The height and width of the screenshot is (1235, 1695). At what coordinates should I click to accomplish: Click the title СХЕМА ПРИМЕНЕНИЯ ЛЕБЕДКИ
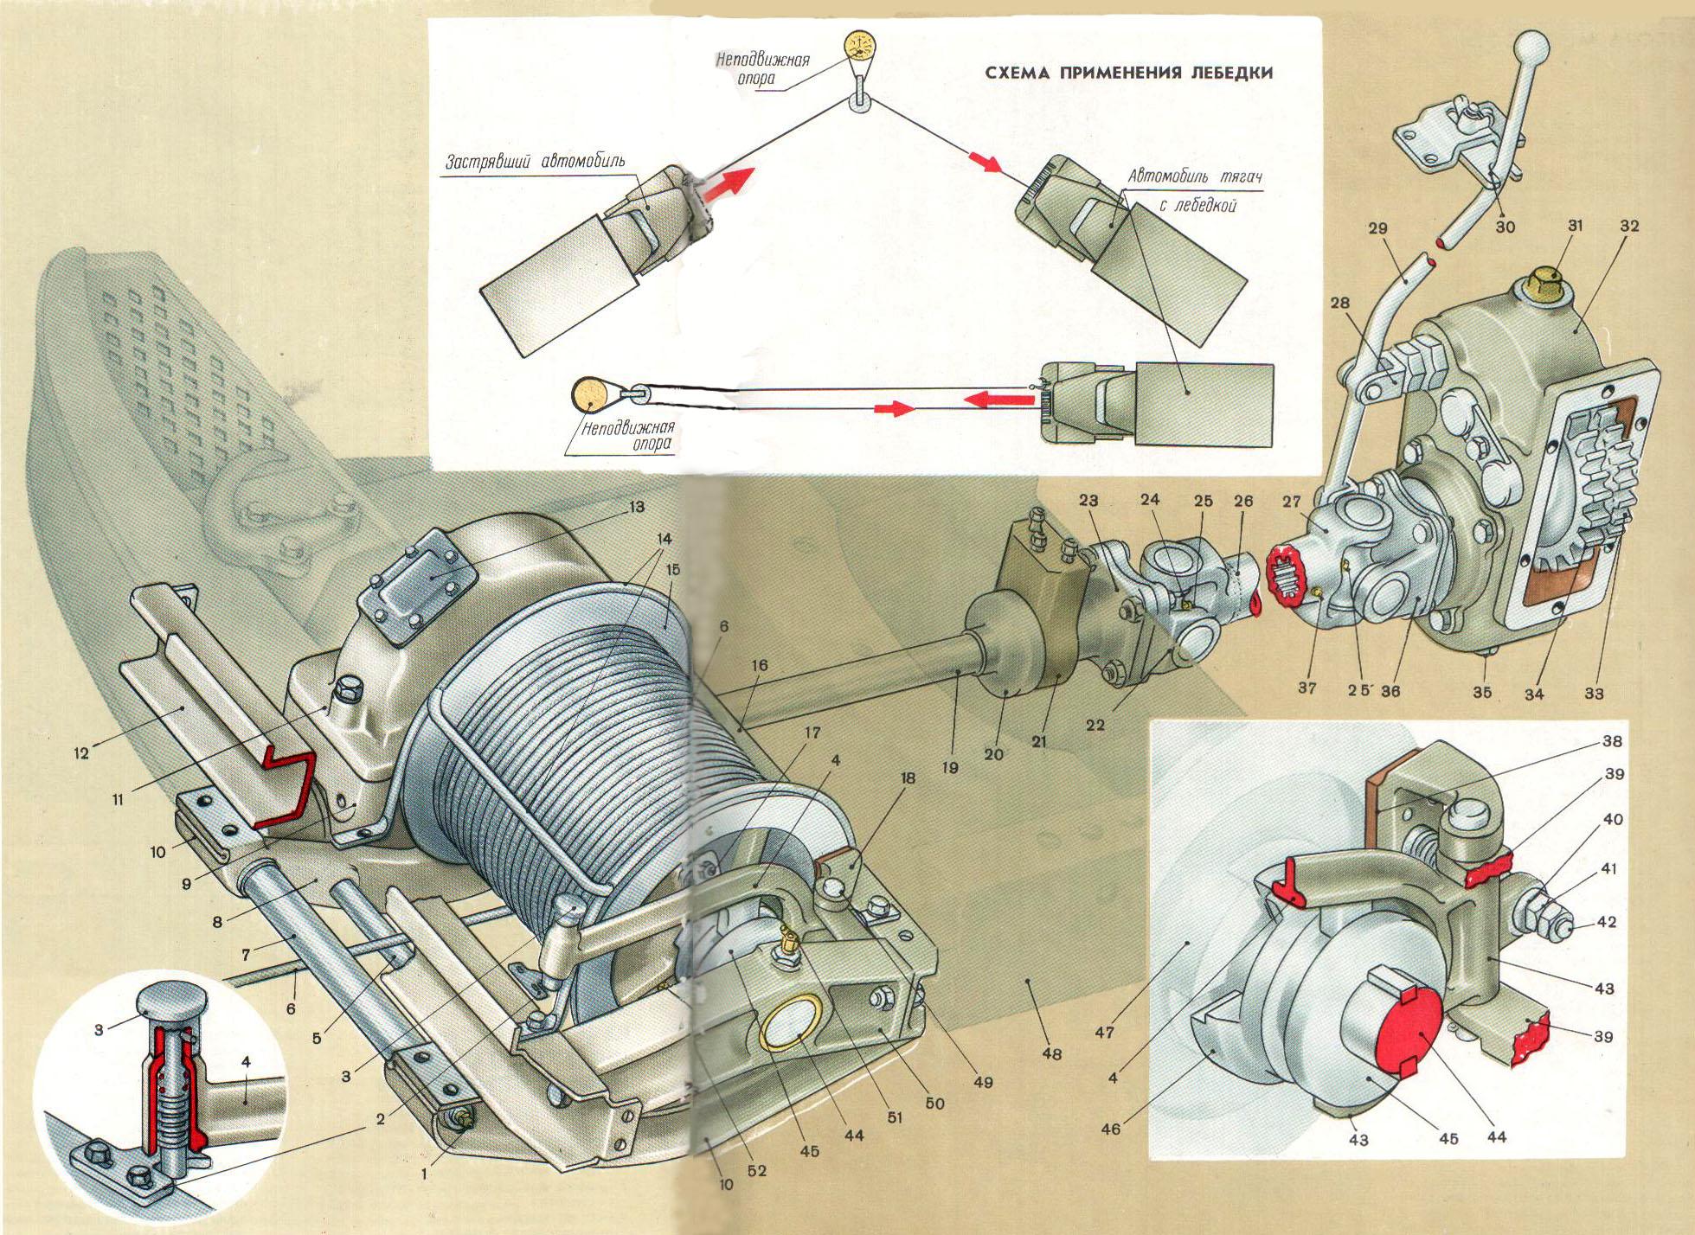click(x=1129, y=73)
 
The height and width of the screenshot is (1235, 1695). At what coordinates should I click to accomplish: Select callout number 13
click(x=637, y=508)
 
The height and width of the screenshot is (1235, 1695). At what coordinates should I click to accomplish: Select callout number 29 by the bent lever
click(x=1377, y=229)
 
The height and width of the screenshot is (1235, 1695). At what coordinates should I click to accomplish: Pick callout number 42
click(x=1608, y=922)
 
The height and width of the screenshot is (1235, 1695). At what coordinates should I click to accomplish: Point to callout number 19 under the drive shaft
click(x=950, y=766)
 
